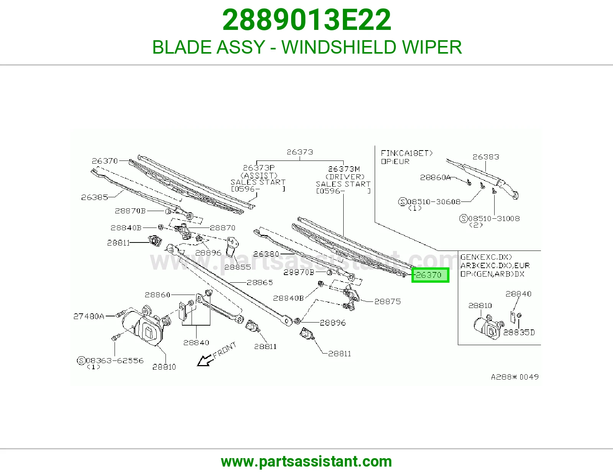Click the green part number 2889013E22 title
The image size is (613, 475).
[x=306, y=20]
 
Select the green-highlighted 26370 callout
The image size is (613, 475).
[x=430, y=275]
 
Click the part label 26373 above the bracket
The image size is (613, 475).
[x=300, y=152]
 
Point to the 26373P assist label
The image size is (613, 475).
[x=259, y=168]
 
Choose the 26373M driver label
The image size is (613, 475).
[x=344, y=169]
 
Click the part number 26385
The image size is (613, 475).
[x=95, y=197]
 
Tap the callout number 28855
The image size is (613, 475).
[x=238, y=267]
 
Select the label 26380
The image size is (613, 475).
[x=266, y=254]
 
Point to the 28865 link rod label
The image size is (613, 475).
[x=260, y=283]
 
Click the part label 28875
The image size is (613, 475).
[x=388, y=301]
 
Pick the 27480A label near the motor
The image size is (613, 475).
[x=89, y=316]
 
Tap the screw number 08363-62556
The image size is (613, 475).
[x=115, y=360]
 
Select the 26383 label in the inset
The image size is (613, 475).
[x=486, y=157]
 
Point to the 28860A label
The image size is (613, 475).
[x=435, y=177]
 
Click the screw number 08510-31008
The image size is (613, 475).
[x=494, y=219]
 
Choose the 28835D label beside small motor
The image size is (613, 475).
[x=519, y=332]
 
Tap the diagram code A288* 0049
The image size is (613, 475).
[x=515, y=377]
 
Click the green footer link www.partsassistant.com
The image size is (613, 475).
[x=306, y=462]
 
